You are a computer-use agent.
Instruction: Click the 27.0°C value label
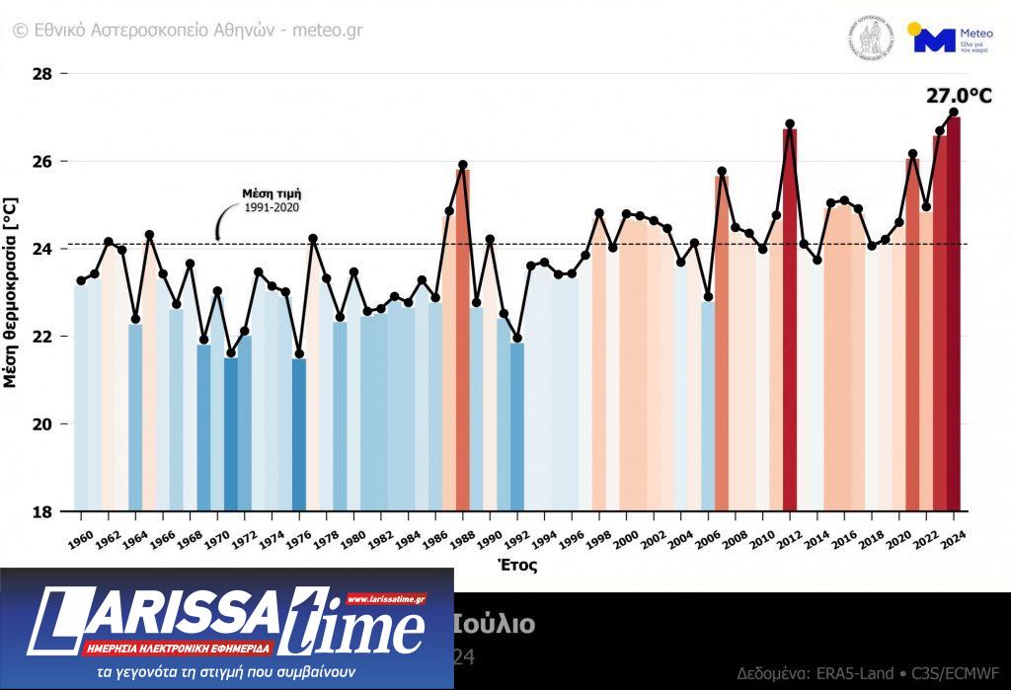[x=958, y=96]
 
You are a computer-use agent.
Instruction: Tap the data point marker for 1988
[x=462, y=165]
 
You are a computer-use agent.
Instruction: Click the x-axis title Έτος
[x=515, y=567]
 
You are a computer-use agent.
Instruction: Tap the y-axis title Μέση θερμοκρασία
[x=11, y=292]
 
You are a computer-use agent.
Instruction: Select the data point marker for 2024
[x=954, y=112]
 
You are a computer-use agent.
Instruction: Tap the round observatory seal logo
[x=870, y=38]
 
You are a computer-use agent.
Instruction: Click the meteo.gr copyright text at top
[x=188, y=31]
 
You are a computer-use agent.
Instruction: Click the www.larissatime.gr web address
[x=385, y=598]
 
